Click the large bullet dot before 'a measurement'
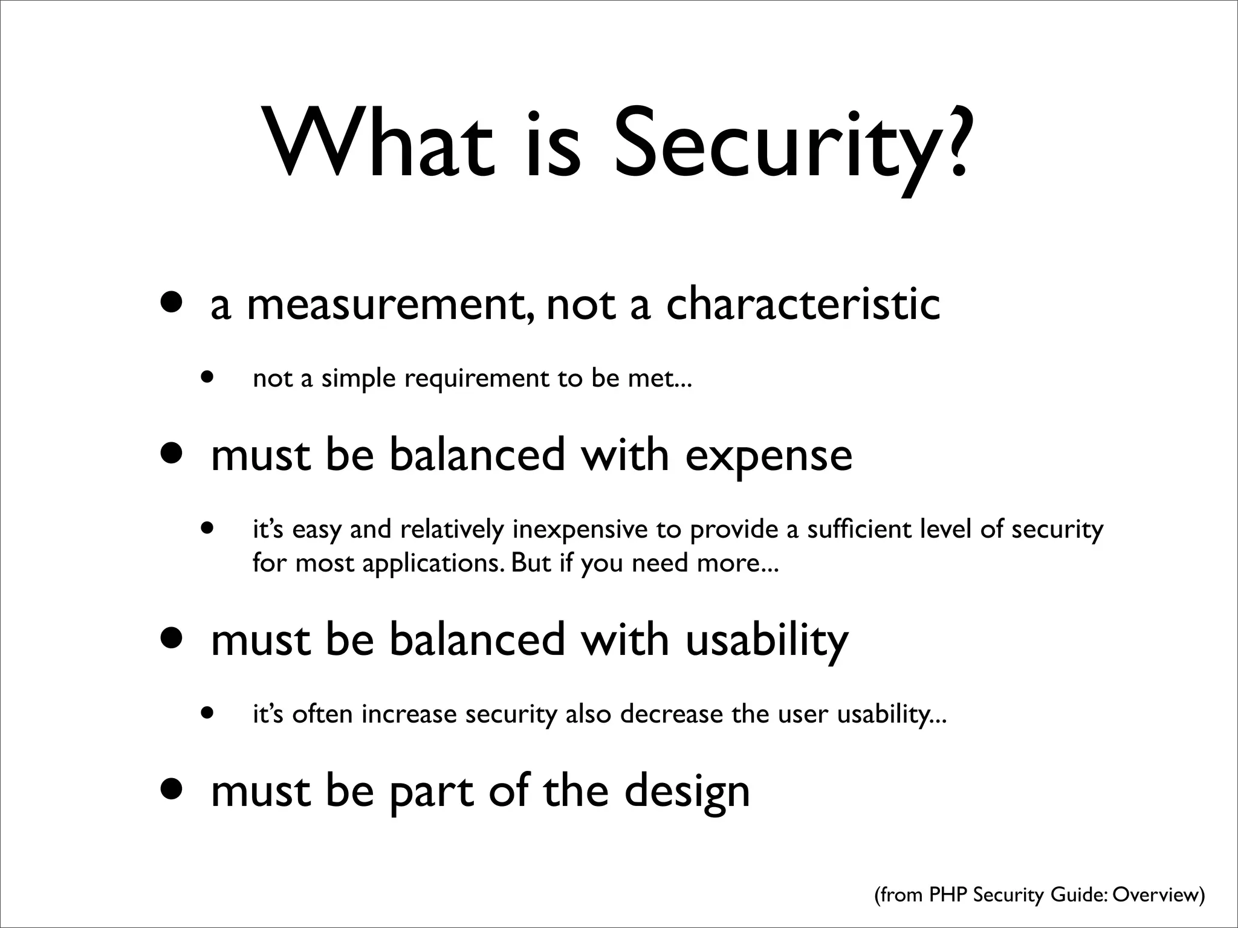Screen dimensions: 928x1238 (173, 303)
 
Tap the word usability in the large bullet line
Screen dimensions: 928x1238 (767, 640)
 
